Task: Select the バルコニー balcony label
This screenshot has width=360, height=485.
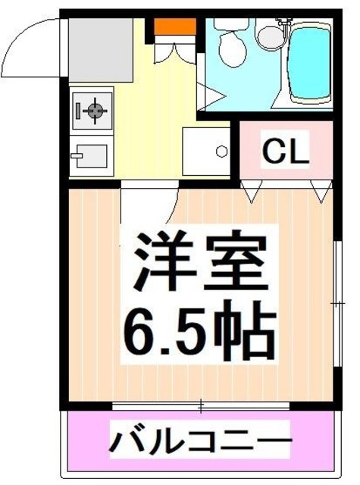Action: pyautogui.click(x=202, y=439)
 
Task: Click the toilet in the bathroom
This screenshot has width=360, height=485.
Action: pyautogui.click(x=230, y=45)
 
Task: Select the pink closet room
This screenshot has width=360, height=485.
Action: pyautogui.click(x=286, y=152)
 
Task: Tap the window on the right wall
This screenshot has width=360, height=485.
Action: pyautogui.click(x=337, y=303)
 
